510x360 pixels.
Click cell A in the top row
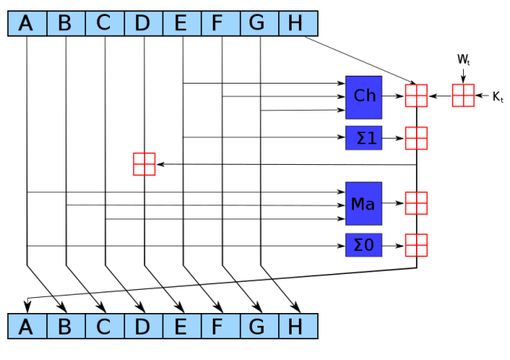click(x=27, y=23)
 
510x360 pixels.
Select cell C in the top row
click(x=104, y=23)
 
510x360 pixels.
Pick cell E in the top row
click(x=182, y=23)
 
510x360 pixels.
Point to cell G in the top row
click(x=259, y=23)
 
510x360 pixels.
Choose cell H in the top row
click(x=297, y=23)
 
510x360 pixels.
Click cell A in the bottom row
click(x=27, y=326)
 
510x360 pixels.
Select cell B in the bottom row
click(x=65, y=326)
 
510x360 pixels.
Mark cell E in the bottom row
click(x=182, y=326)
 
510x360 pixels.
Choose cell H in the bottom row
click(x=297, y=326)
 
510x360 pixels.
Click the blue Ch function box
click(x=363, y=97)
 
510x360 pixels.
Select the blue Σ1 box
click(x=363, y=138)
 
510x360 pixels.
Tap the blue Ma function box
click(x=363, y=203)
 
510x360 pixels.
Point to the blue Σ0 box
click(x=363, y=245)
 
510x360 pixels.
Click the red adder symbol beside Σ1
click(x=416, y=138)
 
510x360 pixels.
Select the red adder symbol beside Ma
click(x=416, y=203)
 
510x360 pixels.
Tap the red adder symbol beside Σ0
click(x=416, y=245)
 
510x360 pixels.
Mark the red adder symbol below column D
click(x=144, y=164)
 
